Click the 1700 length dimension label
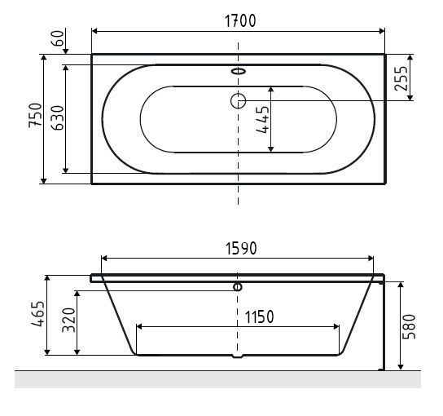point(240,21)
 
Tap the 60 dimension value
point(58,38)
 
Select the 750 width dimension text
point(35,116)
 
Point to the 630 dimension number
point(58,117)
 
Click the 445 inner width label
point(262,119)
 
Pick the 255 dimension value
point(401,78)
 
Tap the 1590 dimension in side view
point(241,249)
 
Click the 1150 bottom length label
point(259,317)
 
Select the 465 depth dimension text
point(38,314)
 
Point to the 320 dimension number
point(68,320)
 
